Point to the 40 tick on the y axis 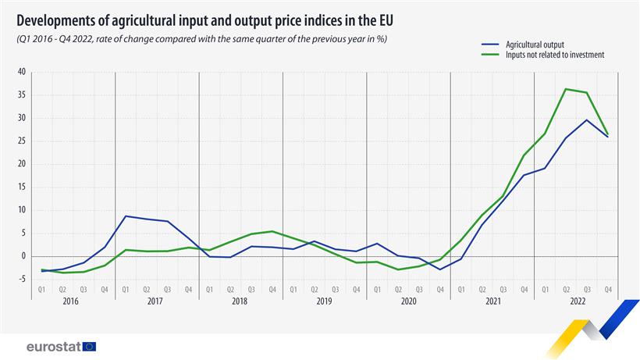[x=22, y=72]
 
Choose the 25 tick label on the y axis [x=22, y=141]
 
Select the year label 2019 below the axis [x=325, y=301]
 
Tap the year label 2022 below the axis [x=577, y=301]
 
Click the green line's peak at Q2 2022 [x=566, y=89]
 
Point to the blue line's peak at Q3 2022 [x=587, y=119]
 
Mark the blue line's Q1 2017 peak [x=126, y=216]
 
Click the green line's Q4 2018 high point [x=272, y=231]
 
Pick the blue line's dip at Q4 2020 [x=440, y=269]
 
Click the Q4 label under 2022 [x=608, y=289]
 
